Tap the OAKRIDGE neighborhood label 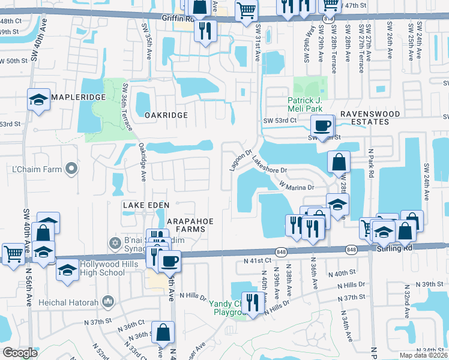[x=162, y=115]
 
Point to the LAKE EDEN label [x=143, y=205]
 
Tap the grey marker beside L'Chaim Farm [x=71, y=169]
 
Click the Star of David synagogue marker [x=115, y=243]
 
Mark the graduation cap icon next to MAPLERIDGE [x=38, y=100]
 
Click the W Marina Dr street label [x=297, y=187]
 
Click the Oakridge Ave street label [x=143, y=161]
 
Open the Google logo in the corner [x=20, y=353]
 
